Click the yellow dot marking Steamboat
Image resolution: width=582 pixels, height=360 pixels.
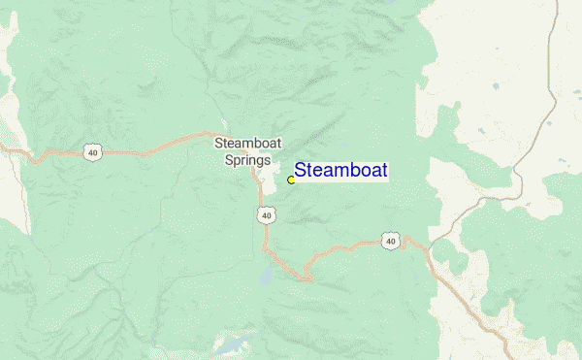(291, 180)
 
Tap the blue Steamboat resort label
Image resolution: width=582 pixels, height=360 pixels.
(340, 171)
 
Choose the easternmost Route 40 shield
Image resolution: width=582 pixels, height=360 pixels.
(390, 240)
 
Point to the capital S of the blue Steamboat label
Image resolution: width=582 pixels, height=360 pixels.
(301, 171)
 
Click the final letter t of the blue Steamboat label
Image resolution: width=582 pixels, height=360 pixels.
(384, 171)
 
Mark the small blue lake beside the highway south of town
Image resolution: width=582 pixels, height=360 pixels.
(265, 278)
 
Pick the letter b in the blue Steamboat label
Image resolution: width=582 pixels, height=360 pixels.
(352, 171)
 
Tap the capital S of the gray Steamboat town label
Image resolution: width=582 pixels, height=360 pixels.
(218, 144)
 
